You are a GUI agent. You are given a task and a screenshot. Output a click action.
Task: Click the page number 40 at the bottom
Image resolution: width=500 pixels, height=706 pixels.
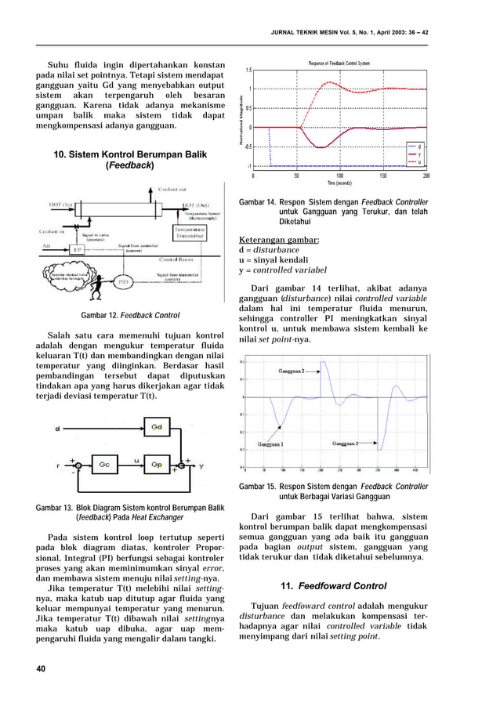[41, 668]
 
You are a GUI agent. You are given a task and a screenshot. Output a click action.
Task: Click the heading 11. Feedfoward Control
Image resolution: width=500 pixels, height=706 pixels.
[333, 585]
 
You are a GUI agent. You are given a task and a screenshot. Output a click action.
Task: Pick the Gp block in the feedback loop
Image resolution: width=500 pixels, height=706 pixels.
[156, 465]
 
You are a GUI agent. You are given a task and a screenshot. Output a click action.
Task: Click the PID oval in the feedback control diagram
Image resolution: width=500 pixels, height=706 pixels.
[123, 281]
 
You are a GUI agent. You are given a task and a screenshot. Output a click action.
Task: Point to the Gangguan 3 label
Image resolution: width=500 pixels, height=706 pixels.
[345, 444]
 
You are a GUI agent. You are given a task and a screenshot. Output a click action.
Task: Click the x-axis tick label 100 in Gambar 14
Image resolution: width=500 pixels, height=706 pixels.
[339, 176]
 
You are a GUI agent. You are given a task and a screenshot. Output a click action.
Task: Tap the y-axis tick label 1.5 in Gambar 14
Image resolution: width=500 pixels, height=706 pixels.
[248, 70]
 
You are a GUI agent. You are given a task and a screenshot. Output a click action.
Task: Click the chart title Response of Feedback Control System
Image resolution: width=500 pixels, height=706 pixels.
[339, 63]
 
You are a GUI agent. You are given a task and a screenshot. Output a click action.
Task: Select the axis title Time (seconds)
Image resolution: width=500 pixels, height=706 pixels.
[339, 183]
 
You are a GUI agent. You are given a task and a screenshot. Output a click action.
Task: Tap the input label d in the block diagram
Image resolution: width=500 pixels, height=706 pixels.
[57, 429]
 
